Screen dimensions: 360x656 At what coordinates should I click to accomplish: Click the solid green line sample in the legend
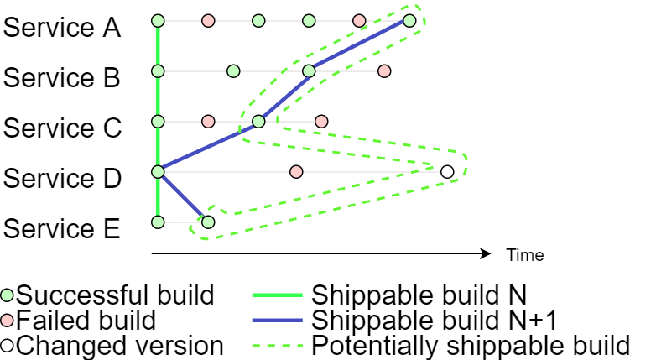277,295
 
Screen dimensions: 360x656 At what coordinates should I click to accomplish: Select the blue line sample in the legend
277,320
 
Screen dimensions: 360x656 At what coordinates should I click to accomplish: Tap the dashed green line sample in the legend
277,345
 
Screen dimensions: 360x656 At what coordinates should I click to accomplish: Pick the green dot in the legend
7,295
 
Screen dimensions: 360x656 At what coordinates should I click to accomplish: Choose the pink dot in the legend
7,320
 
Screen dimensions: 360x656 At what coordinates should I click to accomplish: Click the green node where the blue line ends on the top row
409,21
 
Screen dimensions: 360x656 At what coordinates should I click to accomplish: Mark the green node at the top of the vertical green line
158,21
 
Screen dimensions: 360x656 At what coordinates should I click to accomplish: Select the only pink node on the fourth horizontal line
296,172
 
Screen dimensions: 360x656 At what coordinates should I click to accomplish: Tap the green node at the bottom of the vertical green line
158,222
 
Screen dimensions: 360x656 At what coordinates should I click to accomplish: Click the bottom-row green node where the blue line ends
208,222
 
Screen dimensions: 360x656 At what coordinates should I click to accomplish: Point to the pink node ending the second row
384,71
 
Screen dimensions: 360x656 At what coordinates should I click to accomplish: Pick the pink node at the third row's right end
321,122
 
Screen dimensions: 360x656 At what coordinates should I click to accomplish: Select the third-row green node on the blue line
258,122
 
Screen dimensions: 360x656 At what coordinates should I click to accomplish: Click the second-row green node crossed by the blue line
309,71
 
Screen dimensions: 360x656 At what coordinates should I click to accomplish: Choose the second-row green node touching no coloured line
233,71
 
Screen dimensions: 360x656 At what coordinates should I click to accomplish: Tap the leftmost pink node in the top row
208,21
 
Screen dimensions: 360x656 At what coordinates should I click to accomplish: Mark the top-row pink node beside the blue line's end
359,21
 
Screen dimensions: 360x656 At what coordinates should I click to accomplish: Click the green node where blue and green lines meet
158,172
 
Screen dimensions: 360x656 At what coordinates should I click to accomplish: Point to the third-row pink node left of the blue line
208,122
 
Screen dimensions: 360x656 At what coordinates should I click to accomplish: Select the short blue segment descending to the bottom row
183,197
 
